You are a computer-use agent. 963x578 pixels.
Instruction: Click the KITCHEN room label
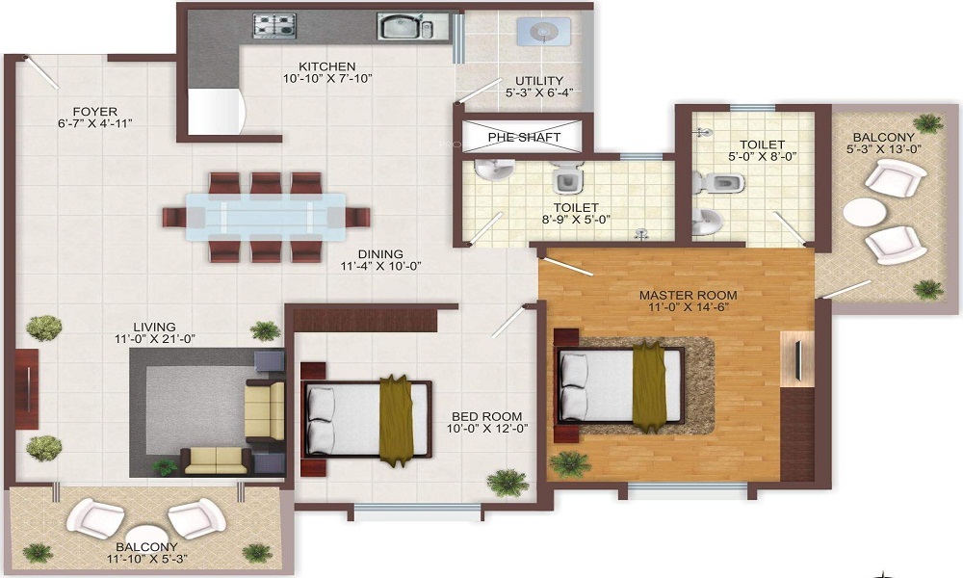pyautogui.click(x=307, y=66)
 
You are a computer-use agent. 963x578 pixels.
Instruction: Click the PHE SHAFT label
pyautogui.click(x=524, y=137)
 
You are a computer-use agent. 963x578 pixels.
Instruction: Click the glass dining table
pyautogui.click(x=265, y=217)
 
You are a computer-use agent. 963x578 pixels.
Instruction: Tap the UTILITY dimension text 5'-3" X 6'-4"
pyautogui.click(x=539, y=93)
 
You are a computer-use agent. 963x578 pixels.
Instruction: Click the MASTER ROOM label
pyautogui.click(x=689, y=295)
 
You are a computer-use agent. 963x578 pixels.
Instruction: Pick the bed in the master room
pyautogui.click(x=621, y=384)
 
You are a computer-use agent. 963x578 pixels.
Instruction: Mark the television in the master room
pyautogui.click(x=797, y=359)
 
